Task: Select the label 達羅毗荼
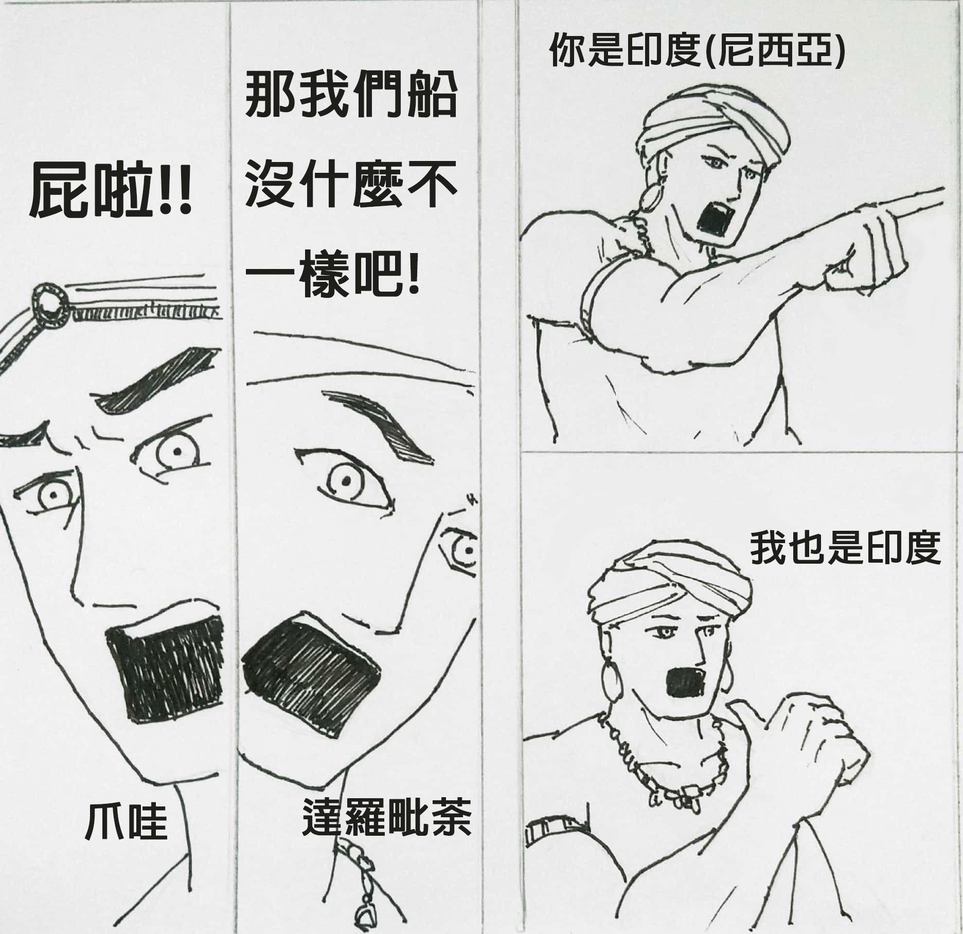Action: (x=386, y=817)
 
